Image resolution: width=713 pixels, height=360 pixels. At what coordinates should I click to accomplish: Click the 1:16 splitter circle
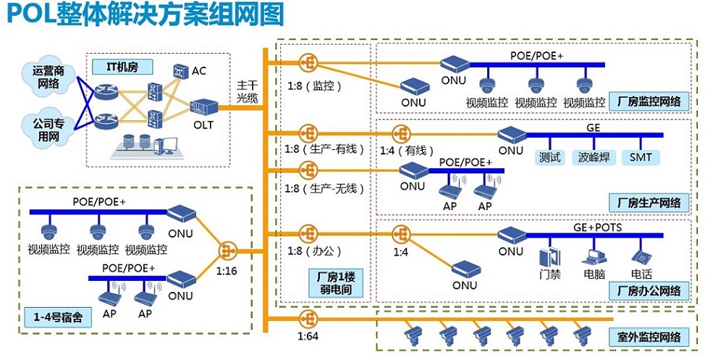click(x=227, y=251)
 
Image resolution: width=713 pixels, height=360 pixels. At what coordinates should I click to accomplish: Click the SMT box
click(x=641, y=156)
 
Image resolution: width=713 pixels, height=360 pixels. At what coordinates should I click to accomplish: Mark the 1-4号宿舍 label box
click(x=55, y=317)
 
